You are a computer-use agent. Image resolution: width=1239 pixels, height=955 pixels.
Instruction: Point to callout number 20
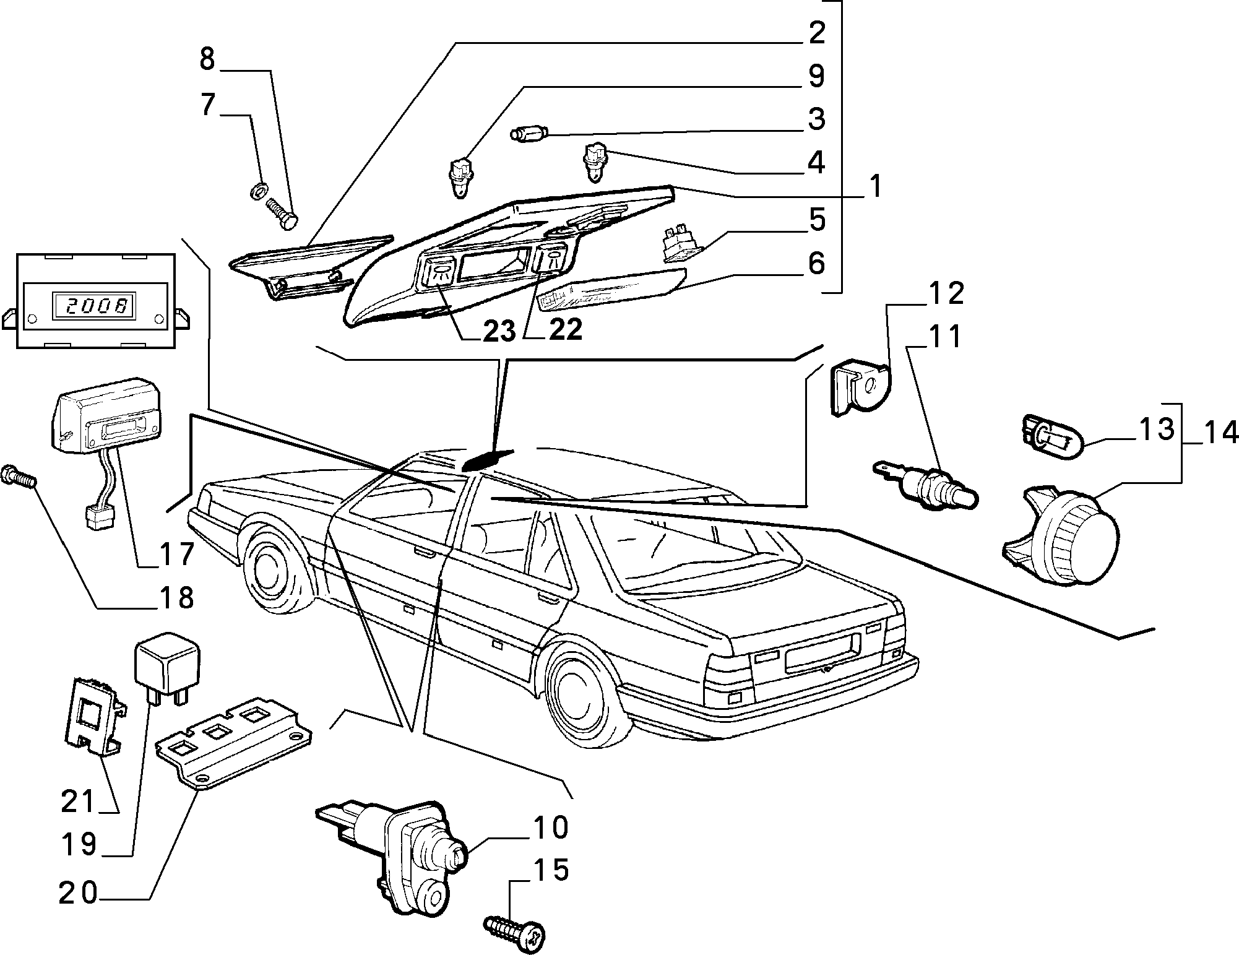tap(79, 893)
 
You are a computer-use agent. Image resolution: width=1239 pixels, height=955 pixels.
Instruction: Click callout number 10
tap(548, 828)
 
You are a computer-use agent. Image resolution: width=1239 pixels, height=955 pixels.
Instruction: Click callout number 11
tap(944, 337)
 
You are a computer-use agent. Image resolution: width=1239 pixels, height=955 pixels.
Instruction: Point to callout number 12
tap(946, 293)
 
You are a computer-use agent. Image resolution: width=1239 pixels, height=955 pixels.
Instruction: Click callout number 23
tap(499, 331)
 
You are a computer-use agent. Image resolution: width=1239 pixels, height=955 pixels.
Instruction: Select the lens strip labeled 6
tap(610, 291)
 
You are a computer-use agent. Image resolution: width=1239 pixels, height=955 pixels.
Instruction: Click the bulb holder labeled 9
tap(458, 177)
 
